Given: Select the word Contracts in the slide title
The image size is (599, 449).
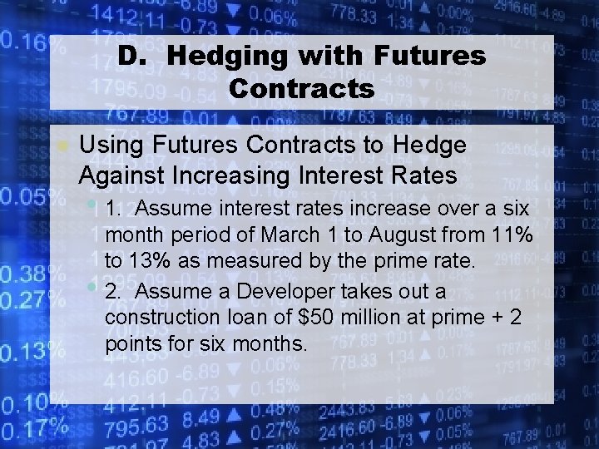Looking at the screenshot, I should click(x=301, y=87).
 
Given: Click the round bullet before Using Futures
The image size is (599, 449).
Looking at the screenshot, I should click(x=62, y=146).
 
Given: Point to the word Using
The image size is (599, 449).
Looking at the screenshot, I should click(x=107, y=146).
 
